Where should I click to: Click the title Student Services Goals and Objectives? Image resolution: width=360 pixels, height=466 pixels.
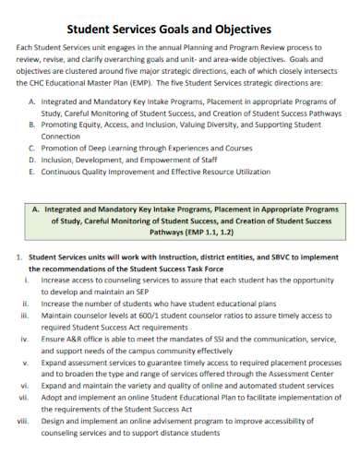(180, 29)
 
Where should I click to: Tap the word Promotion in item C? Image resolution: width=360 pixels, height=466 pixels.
(63, 147)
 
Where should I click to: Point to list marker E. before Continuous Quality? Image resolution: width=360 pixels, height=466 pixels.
(34, 171)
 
